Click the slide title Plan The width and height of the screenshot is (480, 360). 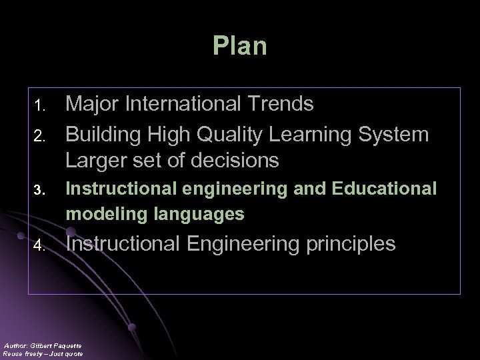(240, 46)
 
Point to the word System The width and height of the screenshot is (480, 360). (394, 134)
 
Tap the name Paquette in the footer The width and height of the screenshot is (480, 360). (68, 345)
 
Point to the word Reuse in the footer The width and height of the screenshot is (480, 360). (13, 354)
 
